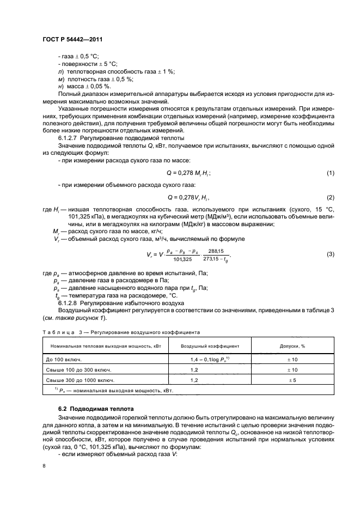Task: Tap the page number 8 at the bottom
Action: [x=45, y=466]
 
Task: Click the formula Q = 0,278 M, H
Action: [x=188, y=173]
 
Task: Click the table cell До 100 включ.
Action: [x=61, y=359]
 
